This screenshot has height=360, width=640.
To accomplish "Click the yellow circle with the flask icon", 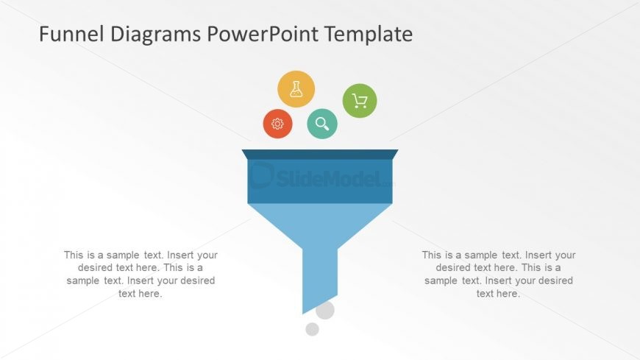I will [296, 89].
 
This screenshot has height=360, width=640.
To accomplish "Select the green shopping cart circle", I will [360, 101].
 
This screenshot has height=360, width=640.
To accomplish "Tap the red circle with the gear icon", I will [277, 124].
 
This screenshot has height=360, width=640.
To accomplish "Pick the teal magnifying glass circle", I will [322, 123].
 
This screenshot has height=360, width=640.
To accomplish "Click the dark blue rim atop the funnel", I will [320, 154].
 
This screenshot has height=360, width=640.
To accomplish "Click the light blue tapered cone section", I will [320, 225].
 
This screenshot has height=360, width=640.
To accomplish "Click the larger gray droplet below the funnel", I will [325, 310].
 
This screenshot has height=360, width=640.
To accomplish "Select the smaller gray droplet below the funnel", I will [312, 329].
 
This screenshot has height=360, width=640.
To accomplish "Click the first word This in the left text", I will [74, 255].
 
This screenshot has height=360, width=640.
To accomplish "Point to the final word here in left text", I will [151, 294].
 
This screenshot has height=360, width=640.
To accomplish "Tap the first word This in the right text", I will [433, 255].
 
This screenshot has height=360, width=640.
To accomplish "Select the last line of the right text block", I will [498, 294].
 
